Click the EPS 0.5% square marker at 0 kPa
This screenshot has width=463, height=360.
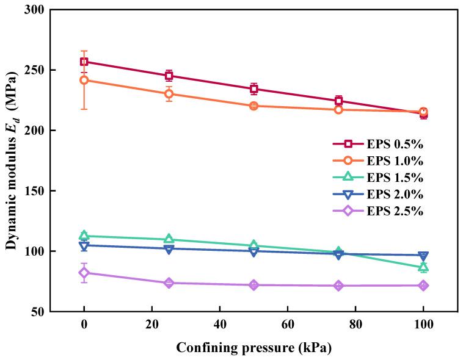tap(84, 62)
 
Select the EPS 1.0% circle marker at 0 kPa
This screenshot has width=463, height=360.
tap(84, 80)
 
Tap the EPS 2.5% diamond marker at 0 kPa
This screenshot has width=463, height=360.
tap(84, 273)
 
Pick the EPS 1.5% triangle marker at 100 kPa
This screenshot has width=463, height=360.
tap(423, 267)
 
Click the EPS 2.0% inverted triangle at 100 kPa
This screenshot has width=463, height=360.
tap(423, 256)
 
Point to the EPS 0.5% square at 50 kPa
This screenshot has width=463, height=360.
tap(253, 88)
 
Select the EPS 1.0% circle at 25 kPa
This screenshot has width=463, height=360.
tap(169, 93)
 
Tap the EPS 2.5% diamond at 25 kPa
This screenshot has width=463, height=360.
tap(169, 283)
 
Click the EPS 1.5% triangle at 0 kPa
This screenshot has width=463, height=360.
tap(84, 236)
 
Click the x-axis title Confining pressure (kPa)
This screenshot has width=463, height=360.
tap(253, 348)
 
